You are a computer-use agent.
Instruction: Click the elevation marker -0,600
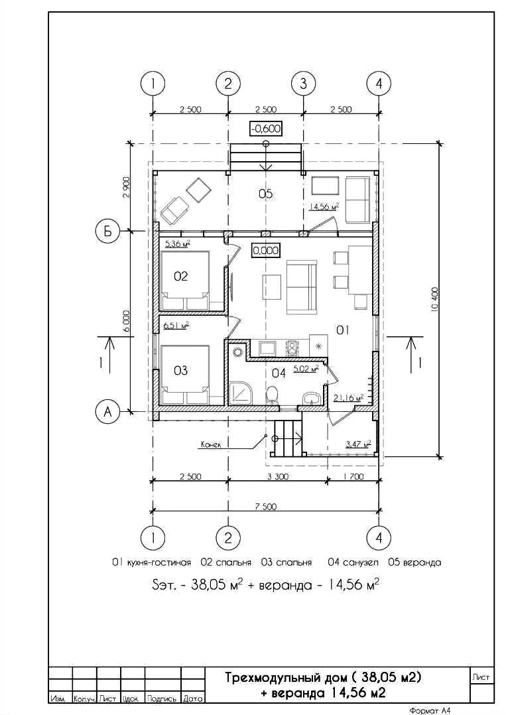point(265,129)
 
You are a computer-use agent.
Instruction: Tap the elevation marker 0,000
point(265,250)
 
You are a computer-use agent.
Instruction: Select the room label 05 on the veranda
point(265,194)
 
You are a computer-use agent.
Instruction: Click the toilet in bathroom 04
point(272,395)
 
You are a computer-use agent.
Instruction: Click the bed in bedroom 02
point(184,281)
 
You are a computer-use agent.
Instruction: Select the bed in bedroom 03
point(184,375)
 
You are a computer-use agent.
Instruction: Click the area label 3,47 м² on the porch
point(358,444)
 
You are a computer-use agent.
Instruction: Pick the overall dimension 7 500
point(265,506)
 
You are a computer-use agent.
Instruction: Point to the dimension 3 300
point(277,476)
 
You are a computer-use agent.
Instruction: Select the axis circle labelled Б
point(107,231)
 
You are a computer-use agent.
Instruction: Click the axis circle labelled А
point(107,412)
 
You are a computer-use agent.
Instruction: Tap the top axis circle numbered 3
point(303,84)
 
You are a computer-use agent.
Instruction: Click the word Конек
point(211,444)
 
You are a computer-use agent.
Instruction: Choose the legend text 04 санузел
point(353,562)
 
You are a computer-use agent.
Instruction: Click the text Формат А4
point(430,710)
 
